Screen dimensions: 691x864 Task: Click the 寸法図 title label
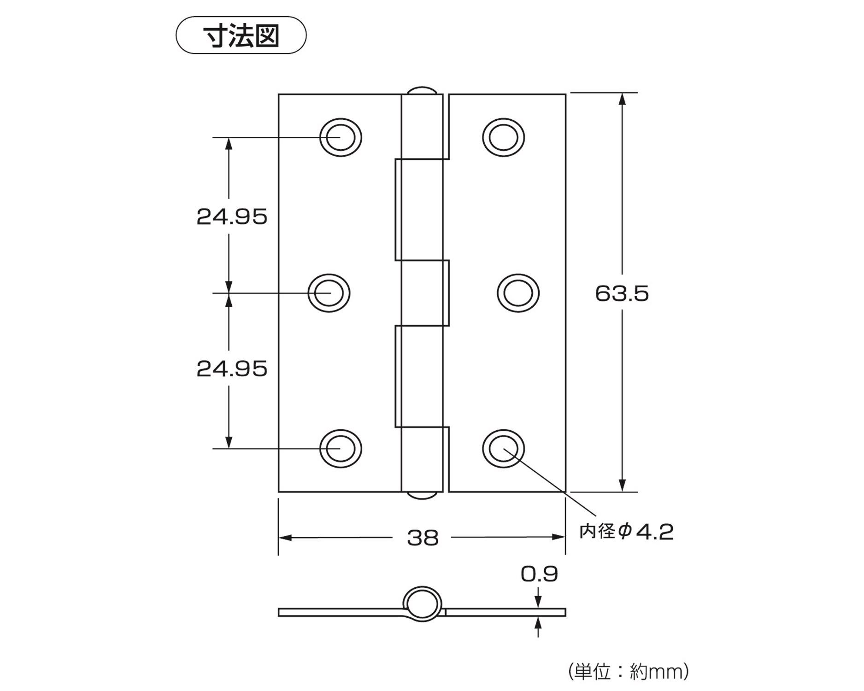click(241, 35)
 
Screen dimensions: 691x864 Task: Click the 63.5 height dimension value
click(622, 293)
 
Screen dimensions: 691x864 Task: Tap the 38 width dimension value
click(423, 538)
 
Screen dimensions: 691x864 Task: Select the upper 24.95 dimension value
click(232, 217)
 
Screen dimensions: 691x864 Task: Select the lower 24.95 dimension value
click(232, 369)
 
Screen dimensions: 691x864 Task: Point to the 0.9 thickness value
click(539, 574)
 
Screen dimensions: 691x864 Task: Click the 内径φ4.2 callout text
click(626, 532)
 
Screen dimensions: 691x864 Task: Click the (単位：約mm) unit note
click(629, 671)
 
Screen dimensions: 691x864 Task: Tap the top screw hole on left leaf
click(341, 137)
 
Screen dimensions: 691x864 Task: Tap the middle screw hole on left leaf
click(329, 293)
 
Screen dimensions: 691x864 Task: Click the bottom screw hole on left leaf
click(341, 448)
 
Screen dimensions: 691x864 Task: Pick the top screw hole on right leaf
click(503, 137)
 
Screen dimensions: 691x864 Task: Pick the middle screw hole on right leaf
click(518, 293)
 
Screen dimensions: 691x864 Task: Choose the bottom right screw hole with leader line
click(503, 448)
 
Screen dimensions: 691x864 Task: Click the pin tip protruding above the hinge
click(422, 90)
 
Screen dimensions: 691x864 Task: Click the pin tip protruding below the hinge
click(422, 495)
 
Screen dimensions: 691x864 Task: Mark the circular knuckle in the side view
click(422, 604)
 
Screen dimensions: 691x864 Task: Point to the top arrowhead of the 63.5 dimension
click(622, 99)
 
